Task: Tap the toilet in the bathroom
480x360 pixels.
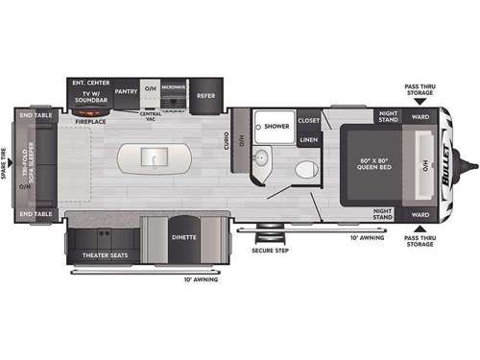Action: coord(304,170)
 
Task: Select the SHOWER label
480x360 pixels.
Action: coord(276,126)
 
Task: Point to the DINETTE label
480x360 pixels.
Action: coord(184,237)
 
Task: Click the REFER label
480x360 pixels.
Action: coord(206,96)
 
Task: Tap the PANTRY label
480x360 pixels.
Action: coord(125,93)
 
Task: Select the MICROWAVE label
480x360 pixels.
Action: coord(174,87)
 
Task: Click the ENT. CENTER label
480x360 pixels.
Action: coord(89,83)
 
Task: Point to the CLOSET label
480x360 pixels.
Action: coord(308,121)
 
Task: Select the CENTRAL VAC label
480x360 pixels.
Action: coord(149,115)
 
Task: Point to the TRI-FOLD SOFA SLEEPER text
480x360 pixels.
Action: coord(28,156)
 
